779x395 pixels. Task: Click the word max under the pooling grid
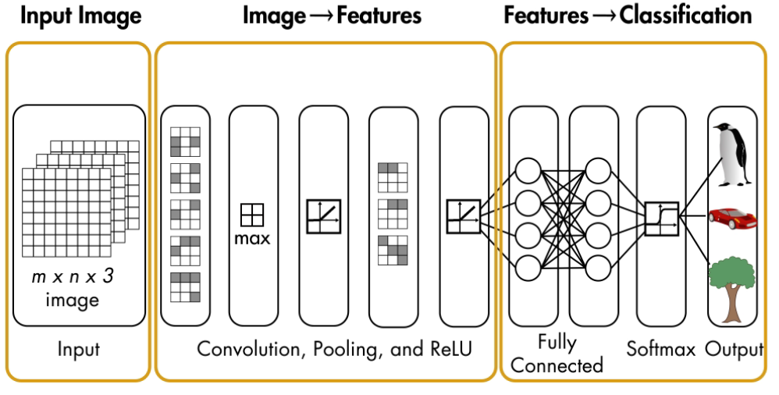252,238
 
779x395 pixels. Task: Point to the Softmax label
660,347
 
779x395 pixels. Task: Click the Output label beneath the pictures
733,347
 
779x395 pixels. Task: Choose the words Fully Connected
557,353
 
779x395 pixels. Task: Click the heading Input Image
80,16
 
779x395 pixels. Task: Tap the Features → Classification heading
628,16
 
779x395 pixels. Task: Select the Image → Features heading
332,16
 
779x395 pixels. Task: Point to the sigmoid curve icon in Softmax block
662,217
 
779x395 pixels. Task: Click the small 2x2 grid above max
252,215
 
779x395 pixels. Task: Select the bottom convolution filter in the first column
185,287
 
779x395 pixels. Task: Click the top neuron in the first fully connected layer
528,169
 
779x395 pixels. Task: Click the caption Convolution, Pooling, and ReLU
335,348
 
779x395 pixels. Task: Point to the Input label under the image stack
79,348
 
